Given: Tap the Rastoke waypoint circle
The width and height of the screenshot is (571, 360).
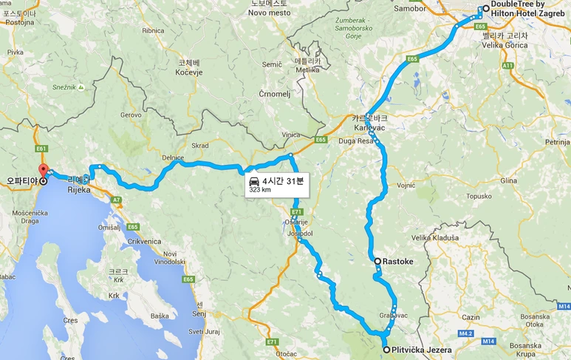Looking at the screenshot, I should [377, 261].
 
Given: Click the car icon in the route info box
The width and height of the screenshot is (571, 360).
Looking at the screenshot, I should [253, 181].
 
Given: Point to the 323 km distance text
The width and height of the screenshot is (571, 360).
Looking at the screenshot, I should [260, 190].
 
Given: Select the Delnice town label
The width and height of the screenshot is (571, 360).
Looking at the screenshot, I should [172, 157].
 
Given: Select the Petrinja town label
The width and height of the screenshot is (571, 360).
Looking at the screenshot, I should [544, 140].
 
